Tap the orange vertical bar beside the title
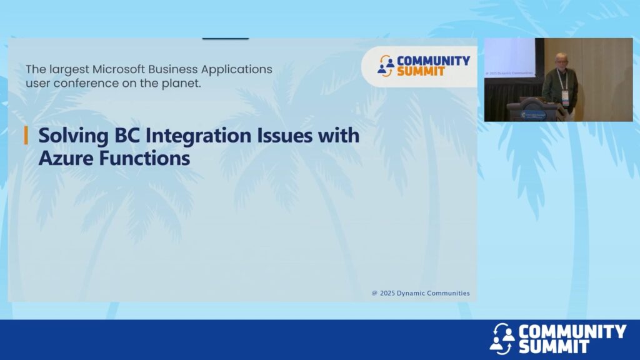(26, 136)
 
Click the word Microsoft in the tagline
(118, 69)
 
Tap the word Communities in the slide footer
(447, 293)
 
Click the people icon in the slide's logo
(386, 66)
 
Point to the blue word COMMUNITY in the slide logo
(434, 61)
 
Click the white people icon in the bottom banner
(502, 338)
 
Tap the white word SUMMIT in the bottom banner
(554, 347)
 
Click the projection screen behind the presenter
(510, 57)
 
